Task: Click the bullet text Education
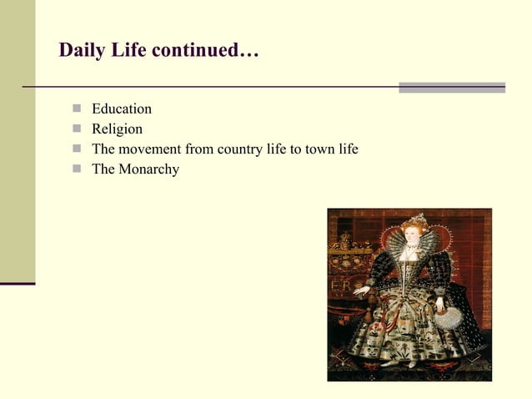coord(122,109)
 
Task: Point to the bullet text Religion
coord(117,129)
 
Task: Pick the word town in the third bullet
coord(315,149)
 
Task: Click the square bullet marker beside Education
coord(77,109)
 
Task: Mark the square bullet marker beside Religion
coord(77,129)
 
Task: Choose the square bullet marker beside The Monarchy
coord(77,169)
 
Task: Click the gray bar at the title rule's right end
coord(451,87)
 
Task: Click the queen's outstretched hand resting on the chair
coord(361,290)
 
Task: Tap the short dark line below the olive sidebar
coord(18,284)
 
